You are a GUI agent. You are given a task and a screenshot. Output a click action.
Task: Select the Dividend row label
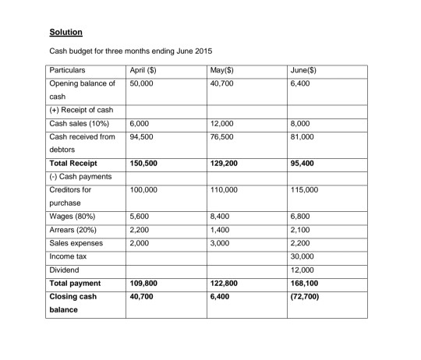pos(65,269)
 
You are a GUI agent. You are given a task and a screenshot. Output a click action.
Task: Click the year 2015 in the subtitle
pos(200,51)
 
